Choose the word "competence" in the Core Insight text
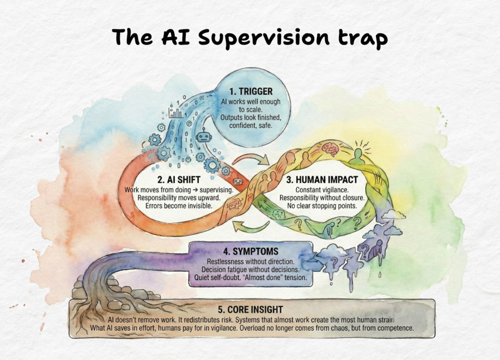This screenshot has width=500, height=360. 391,328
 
